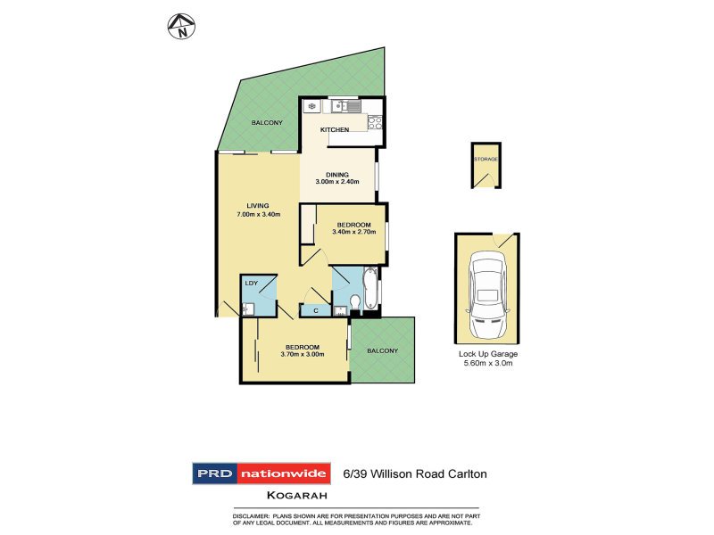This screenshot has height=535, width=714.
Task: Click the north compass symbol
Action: pos(182,27)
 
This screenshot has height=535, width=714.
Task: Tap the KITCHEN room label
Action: pos(335,129)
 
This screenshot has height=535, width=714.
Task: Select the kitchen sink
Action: pos(346,106)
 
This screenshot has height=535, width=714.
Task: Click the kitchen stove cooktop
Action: pos(375,122)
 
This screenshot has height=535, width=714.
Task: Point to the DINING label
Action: pos(337,175)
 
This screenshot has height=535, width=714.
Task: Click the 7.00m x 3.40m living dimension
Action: pos(259,214)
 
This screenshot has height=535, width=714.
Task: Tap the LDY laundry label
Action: pos(252,283)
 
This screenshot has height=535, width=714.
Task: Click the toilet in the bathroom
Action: pos(355,301)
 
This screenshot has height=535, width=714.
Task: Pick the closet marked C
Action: pos(316,310)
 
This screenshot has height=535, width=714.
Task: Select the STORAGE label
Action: pos(486,160)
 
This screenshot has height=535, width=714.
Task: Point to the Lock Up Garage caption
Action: pos(488,354)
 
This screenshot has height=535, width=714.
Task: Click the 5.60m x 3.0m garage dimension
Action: pos(488,363)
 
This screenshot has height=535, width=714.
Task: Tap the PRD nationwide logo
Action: pos(262,473)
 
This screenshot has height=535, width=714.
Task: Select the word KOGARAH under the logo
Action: pos(297,496)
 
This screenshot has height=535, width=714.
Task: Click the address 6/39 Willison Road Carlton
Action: pos(415,474)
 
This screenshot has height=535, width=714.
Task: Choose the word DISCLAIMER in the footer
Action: pos(251,516)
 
